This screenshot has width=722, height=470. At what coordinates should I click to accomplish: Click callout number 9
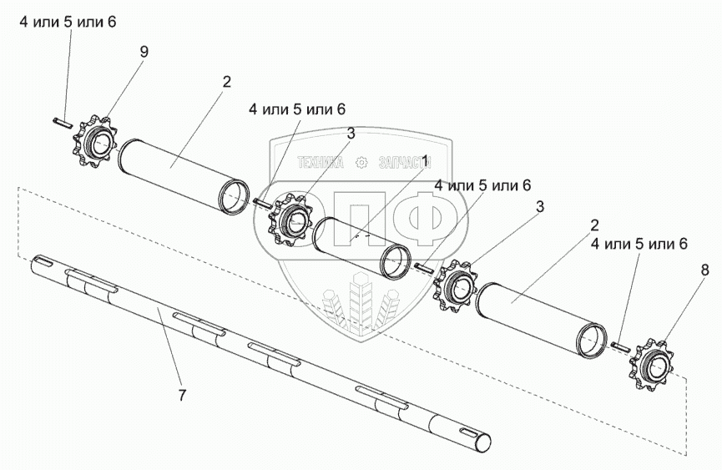click(144, 52)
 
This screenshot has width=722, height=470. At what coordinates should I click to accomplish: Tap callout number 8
click(705, 270)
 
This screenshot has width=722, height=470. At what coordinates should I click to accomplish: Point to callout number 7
click(182, 395)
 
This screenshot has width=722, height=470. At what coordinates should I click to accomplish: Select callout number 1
click(424, 162)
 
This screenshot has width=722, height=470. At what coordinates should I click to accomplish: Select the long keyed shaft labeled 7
click(260, 352)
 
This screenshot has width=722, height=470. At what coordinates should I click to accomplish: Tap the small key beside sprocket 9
click(62, 123)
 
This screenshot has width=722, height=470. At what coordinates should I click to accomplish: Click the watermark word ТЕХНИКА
click(321, 162)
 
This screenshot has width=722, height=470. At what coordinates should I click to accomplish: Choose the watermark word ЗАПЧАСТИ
click(405, 162)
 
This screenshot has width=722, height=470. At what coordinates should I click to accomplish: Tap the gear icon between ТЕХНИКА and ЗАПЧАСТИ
click(362, 162)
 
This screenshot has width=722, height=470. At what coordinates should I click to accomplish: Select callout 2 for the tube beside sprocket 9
click(225, 83)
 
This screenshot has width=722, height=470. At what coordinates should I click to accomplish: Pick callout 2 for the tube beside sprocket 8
click(594, 225)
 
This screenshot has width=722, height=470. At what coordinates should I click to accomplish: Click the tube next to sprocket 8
click(542, 321)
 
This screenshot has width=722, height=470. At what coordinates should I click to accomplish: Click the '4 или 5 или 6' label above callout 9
click(68, 22)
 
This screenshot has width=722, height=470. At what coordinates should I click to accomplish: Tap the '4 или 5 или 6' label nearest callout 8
click(639, 244)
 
